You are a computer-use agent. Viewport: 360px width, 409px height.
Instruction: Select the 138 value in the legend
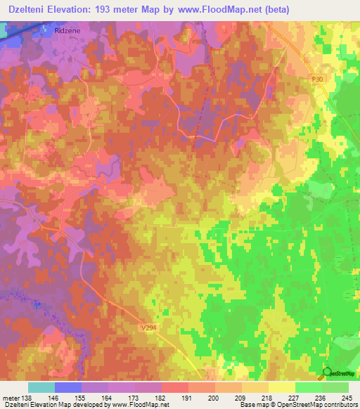(x=27, y=397)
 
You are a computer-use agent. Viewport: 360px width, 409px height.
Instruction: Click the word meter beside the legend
(x=10, y=397)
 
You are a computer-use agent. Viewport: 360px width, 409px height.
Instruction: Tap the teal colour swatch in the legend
(x=41, y=387)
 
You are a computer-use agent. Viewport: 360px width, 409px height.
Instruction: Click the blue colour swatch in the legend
(x=67, y=387)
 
